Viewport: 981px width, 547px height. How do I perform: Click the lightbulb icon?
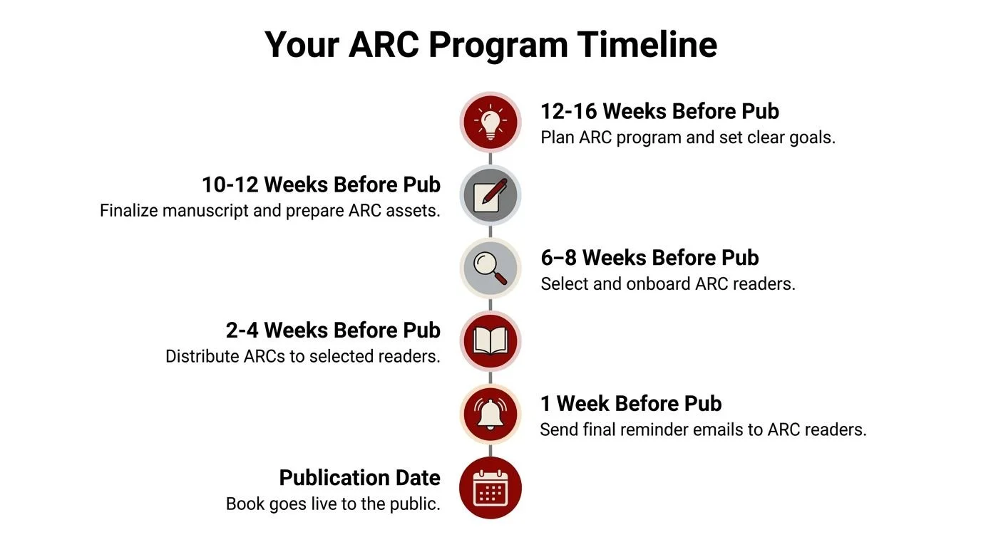click(x=490, y=122)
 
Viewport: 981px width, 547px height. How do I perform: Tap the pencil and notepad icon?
click(x=490, y=195)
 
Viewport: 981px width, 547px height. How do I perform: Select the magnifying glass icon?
click(x=490, y=269)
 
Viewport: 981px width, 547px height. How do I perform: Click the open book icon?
click(x=490, y=341)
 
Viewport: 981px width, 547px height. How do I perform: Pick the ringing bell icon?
click(x=490, y=415)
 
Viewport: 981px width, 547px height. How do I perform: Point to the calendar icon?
click(x=490, y=488)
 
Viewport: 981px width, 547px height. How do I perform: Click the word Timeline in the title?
click(x=647, y=44)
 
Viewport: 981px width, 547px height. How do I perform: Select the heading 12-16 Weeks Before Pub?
click(x=659, y=112)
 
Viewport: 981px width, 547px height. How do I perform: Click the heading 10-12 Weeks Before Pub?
click(x=321, y=185)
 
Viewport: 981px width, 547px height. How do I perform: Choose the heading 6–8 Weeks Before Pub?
click(x=649, y=258)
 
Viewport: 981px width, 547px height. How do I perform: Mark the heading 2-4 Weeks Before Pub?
click(x=333, y=330)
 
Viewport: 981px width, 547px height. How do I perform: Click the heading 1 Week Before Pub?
click(x=631, y=404)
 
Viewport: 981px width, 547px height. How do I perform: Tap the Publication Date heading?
click(x=359, y=477)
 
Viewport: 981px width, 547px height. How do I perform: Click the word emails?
click(x=717, y=429)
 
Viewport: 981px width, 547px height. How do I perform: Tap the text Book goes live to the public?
click(x=333, y=504)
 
